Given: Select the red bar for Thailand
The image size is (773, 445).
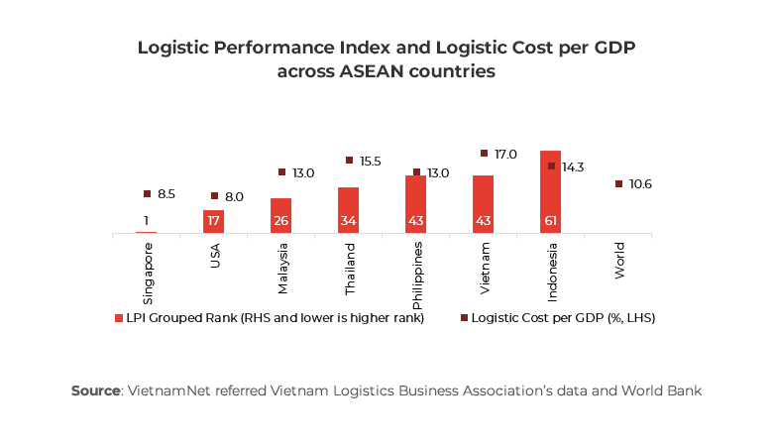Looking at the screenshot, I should pyautogui.click(x=348, y=210).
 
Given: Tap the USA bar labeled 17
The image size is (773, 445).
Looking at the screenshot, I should pyautogui.click(x=213, y=221).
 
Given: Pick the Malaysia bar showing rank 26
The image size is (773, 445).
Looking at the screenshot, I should pyautogui.click(x=280, y=215).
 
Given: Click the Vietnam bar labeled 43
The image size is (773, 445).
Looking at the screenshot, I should pyautogui.click(x=483, y=204).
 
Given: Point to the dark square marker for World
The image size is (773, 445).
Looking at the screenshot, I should pyautogui.click(x=618, y=184).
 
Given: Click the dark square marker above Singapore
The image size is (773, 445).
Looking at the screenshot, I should pyautogui.click(x=147, y=194).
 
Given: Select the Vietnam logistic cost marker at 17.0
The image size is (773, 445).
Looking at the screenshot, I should pyautogui.click(x=484, y=154).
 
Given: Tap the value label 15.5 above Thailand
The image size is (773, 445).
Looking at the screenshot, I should pyautogui.click(x=369, y=161).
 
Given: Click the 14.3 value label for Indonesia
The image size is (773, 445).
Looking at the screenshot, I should pyautogui.click(x=573, y=167).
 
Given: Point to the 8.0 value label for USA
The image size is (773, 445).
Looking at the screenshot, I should pyautogui.click(x=234, y=197).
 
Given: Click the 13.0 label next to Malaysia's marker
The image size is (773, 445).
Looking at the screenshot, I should pyautogui.click(x=302, y=173).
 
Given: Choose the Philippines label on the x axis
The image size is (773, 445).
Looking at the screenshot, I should pyautogui.click(x=416, y=268).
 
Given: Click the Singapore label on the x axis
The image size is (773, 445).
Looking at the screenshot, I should pyautogui.click(x=147, y=270).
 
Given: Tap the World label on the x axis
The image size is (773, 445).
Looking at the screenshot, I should pyautogui.click(x=618, y=260).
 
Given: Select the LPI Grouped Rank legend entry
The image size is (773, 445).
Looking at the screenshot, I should pyautogui.click(x=270, y=318).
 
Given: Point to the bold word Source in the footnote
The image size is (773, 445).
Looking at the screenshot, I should pyautogui.click(x=95, y=390).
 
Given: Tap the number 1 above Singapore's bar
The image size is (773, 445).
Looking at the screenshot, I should pyautogui.click(x=146, y=221).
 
